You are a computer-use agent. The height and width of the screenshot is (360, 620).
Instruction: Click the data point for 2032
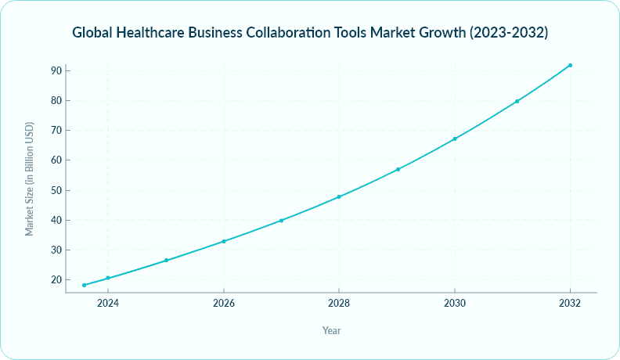tap(570, 65)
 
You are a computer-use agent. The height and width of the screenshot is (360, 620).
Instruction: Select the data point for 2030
tap(455, 139)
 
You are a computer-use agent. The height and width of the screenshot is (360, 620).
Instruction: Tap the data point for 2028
tap(339, 196)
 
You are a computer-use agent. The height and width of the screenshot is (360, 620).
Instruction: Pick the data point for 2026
tap(224, 241)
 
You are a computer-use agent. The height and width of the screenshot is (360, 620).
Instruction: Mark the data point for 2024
tap(108, 278)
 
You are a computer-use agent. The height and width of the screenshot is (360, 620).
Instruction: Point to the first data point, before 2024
tap(84, 285)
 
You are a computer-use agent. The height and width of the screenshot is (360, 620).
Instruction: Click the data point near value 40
tap(281, 221)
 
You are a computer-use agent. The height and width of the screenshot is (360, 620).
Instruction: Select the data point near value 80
tap(517, 101)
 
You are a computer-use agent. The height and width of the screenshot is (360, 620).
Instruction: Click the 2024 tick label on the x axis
tap(108, 303)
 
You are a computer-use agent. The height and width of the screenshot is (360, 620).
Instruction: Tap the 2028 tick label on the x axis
tap(339, 303)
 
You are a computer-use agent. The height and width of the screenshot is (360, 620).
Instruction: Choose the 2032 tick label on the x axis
tap(570, 303)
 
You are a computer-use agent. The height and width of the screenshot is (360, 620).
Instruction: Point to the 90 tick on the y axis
tap(55, 70)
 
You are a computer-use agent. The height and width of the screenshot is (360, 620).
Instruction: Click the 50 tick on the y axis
tap(55, 190)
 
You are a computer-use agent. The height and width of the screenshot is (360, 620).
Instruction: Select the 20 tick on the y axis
tap(55, 280)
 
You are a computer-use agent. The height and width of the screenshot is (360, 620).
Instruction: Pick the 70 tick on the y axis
tap(55, 131)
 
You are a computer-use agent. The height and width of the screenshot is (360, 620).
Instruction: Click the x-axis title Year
tap(331, 330)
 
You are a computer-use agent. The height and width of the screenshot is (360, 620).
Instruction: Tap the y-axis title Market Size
tap(30, 179)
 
